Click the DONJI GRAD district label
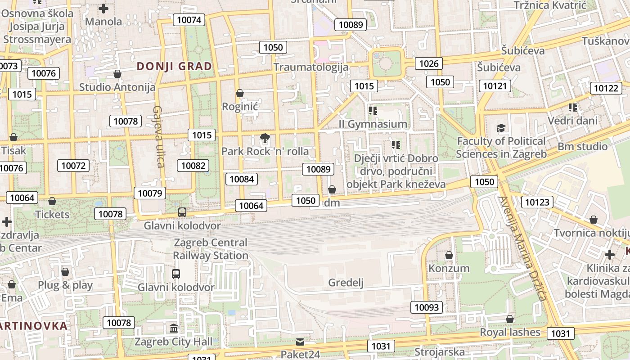(174, 66)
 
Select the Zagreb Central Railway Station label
(211, 249)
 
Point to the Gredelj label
(346, 283)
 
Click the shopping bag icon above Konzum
(449, 256)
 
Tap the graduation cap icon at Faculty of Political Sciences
(501, 128)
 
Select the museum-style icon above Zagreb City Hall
(174, 328)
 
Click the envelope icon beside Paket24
(300, 342)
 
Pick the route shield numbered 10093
(426, 307)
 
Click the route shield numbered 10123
(537, 202)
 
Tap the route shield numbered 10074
(189, 19)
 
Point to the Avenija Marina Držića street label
(522, 248)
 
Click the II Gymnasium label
(373, 124)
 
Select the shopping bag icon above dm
(332, 189)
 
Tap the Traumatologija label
(311, 67)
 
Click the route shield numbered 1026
(428, 63)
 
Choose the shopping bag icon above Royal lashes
(509, 319)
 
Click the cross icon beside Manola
(103, 8)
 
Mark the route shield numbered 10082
(193, 165)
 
